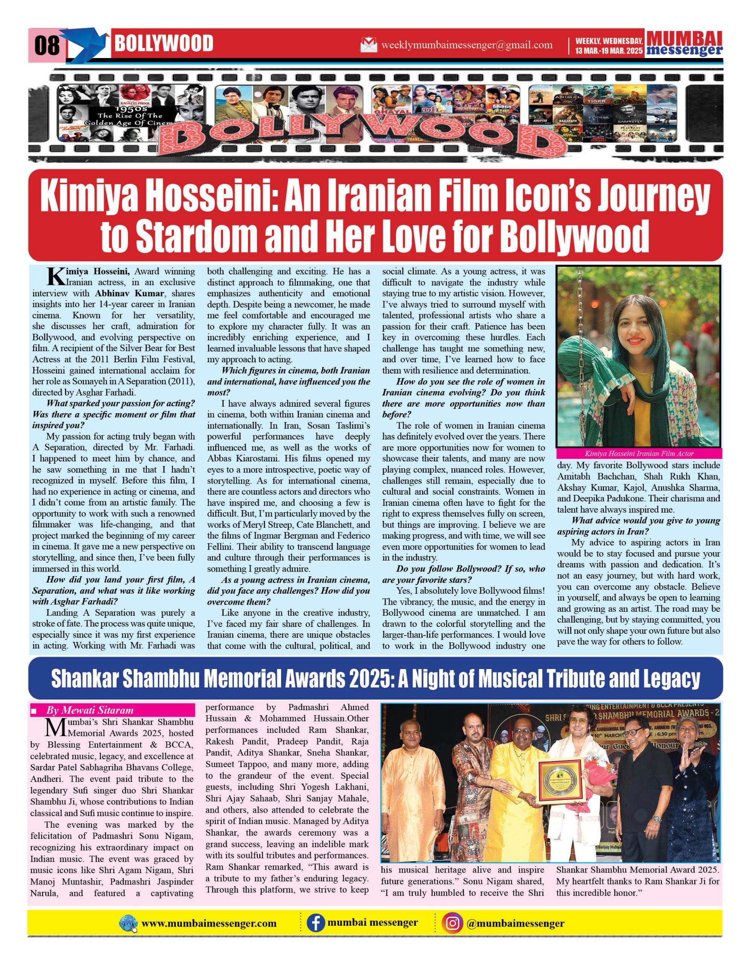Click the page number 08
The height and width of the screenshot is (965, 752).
pyautogui.click(x=46, y=45)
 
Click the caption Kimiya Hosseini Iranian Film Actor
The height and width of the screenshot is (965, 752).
pyautogui.click(x=639, y=453)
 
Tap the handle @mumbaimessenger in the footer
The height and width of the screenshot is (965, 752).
pyautogui.click(x=515, y=923)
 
